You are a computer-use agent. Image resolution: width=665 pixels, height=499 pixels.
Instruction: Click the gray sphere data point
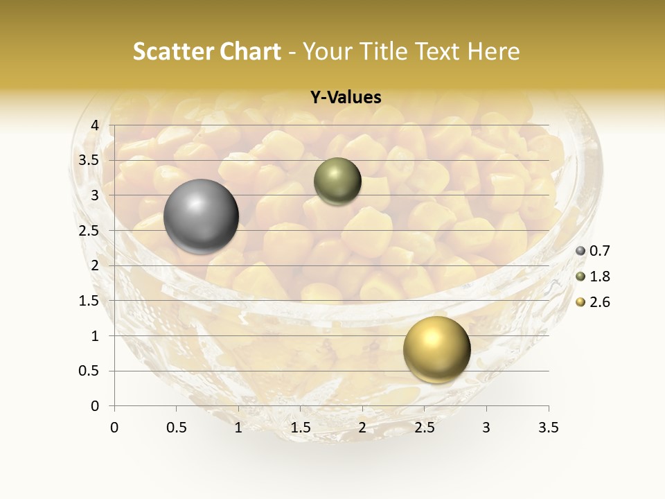(201, 216)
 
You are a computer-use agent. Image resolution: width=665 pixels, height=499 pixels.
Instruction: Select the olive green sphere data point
(337, 181)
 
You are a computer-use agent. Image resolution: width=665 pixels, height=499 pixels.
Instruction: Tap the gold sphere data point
(436, 349)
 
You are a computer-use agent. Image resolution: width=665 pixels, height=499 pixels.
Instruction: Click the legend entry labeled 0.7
(598, 251)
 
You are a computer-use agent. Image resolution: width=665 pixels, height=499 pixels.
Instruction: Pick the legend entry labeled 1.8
(598, 277)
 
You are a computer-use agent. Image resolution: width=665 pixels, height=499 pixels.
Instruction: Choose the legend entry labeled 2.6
(598, 302)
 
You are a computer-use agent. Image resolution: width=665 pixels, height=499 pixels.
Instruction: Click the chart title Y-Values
(346, 98)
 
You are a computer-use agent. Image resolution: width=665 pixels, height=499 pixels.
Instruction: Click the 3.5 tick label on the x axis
(548, 428)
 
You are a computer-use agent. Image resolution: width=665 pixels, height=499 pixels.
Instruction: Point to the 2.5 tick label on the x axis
(424, 428)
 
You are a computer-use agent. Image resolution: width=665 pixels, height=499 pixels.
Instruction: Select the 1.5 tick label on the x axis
(300, 428)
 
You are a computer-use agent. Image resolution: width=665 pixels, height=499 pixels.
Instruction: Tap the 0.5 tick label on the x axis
(176, 428)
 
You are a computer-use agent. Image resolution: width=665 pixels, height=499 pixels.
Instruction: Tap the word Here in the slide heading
(493, 51)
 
